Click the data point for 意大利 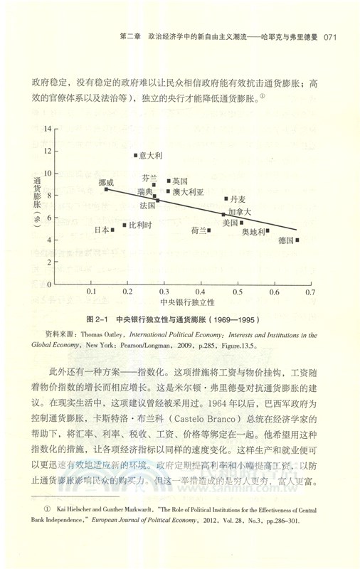click(x=136, y=155)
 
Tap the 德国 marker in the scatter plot click(x=297, y=240)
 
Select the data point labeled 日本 click(x=112, y=230)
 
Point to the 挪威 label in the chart click(x=106, y=182)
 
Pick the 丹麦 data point click(x=226, y=198)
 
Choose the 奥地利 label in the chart click(x=253, y=231)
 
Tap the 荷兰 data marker click(x=208, y=230)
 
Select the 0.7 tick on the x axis click(x=309, y=292)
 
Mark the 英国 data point click(x=169, y=181)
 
